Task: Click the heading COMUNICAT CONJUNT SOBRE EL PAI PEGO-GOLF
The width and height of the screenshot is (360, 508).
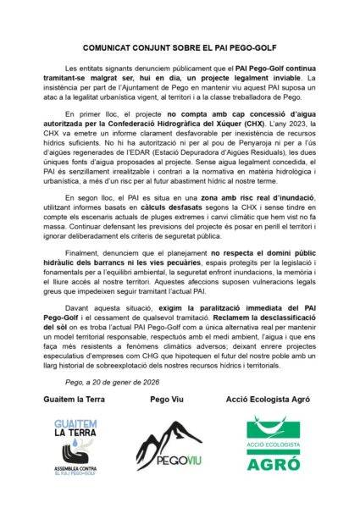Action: pyautogui.click(x=180, y=51)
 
